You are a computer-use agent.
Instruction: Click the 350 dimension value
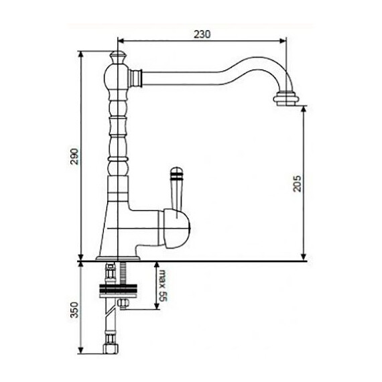coord(75,312)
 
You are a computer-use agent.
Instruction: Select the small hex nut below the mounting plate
coord(125,306)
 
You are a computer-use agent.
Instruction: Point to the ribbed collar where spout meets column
coord(137,77)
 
